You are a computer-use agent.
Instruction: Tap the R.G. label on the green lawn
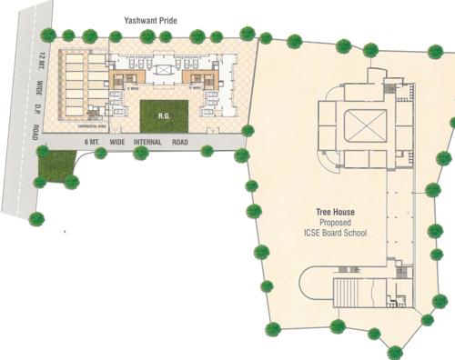[166, 116]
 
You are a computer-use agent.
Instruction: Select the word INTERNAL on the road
[148, 144]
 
